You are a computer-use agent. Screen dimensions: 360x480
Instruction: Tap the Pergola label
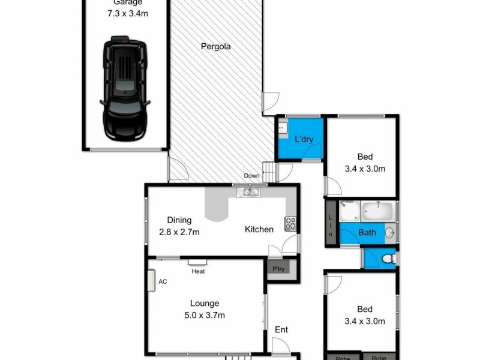(x=216, y=46)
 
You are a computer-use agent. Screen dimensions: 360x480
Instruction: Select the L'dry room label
(x=304, y=140)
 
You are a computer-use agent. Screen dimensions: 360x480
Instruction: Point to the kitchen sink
(x=247, y=193)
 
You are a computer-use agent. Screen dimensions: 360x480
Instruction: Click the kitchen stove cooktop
(x=290, y=223)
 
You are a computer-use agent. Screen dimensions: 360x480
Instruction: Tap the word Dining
(x=179, y=220)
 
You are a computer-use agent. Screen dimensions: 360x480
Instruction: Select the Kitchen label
(x=259, y=229)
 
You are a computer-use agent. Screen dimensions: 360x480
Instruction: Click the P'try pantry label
(x=278, y=268)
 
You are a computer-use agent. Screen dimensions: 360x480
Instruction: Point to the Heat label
(x=198, y=271)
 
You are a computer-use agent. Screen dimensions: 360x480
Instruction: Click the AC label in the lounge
(x=162, y=281)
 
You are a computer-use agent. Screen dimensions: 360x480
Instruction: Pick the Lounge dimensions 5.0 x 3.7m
(x=204, y=315)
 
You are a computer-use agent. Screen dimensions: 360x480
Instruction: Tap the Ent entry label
(x=281, y=330)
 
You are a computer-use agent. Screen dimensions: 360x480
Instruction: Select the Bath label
(x=367, y=233)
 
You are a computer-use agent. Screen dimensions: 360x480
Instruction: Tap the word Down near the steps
(x=252, y=176)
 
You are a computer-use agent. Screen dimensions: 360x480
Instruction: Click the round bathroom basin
(x=389, y=233)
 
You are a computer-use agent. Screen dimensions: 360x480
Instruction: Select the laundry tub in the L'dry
(x=281, y=127)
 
